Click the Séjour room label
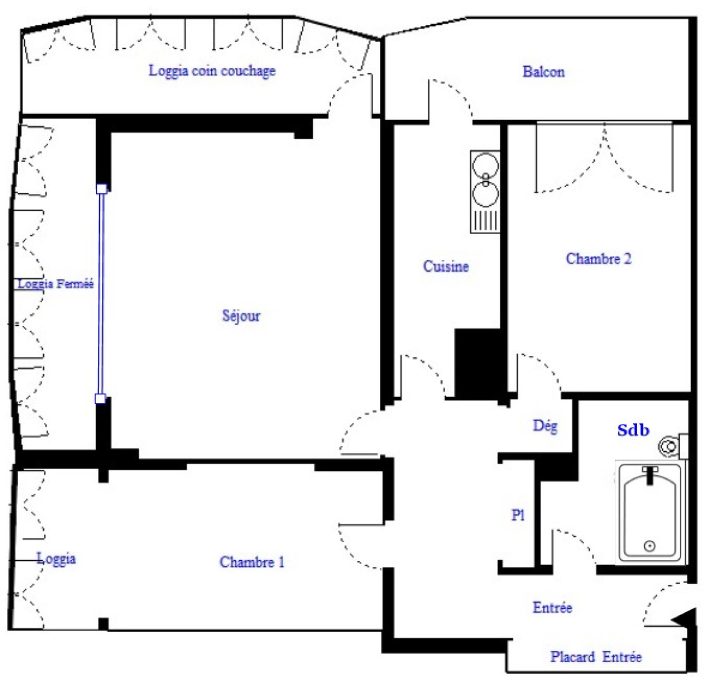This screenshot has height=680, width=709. click(x=241, y=316)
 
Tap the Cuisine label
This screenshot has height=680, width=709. click(x=446, y=266)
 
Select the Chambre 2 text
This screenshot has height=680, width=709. click(x=598, y=258)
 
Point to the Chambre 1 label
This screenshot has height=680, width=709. click(x=252, y=562)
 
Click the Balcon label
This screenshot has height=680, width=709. click(x=544, y=71)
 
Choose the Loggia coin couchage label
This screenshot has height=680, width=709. click(x=212, y=70)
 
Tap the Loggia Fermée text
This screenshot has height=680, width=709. click(x=55, y=284)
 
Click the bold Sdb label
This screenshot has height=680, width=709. click(x=633, y=430)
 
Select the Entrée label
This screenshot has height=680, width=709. click(x=552, y=607)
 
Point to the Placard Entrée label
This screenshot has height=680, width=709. click(x=596, y=657)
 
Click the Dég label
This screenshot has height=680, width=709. click(x=545, y=426)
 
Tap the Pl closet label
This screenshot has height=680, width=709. click(x=518, y=515)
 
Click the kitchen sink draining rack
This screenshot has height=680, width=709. click(x=486, y=220)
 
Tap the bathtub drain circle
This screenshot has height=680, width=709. click(x=650, y=546)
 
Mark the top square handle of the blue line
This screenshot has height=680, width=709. click(x=101, y=189)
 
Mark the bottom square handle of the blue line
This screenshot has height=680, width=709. click(x=101, y=399)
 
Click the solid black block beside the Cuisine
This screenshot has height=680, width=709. click(x=479, y=363)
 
